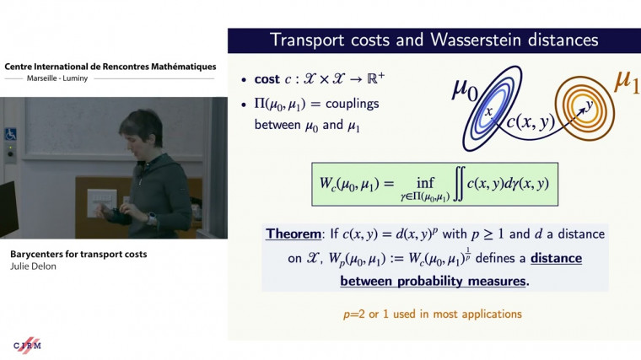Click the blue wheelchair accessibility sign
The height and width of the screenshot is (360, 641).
pyautogui.click(x=11, y=133)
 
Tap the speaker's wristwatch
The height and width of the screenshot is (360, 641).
pyautogui.click(x=153, y=218)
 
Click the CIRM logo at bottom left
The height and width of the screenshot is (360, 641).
pyautogui.click(x=27, y=345)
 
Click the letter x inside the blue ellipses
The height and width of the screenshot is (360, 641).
pyautogui.click(x=487, y=110)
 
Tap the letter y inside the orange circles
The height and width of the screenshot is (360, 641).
pyautogui.click(x=589, y=104)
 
